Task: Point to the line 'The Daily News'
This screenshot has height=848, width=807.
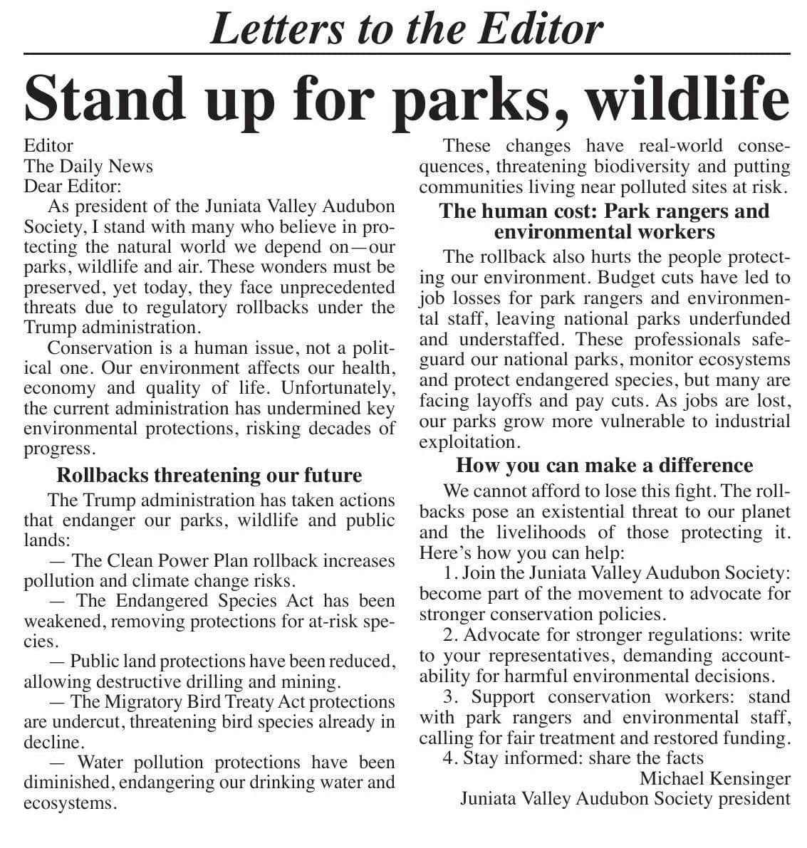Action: click(88, 167)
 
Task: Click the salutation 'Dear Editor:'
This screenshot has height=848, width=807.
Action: click(73, 187)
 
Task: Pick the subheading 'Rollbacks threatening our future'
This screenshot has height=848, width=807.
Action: click(209, 475)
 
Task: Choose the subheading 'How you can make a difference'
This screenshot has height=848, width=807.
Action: click(604, 466)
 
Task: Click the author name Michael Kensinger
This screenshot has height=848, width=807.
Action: click(714, 778)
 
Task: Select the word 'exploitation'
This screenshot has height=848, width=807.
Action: click(467, 442)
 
